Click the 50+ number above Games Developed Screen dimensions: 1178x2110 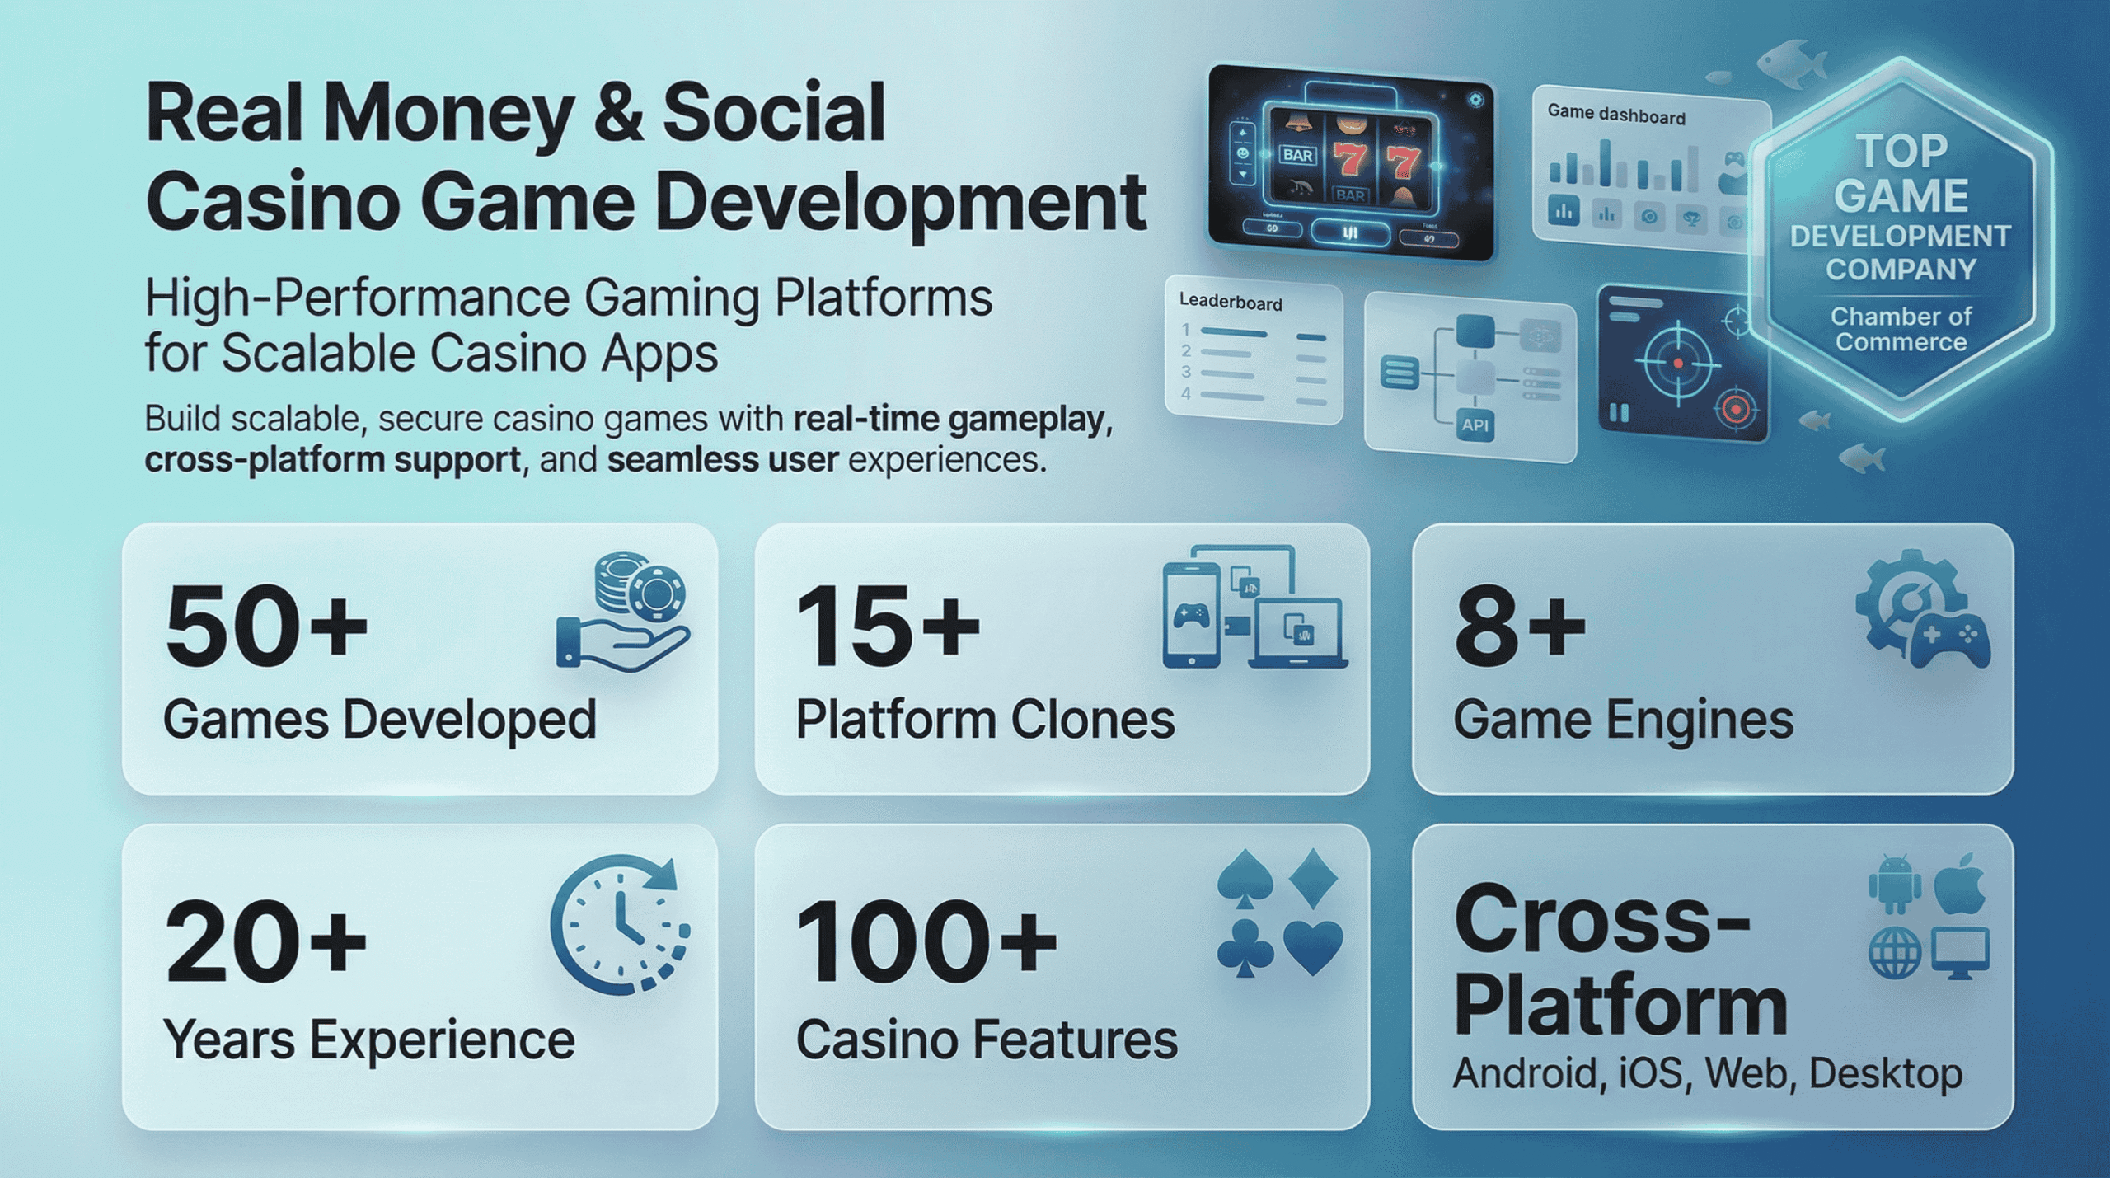tap(265, 626)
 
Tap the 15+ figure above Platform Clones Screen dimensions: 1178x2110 tap(887, 626)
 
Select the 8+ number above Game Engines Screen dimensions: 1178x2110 tap(1519, 626)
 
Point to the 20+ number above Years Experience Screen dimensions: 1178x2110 tap(265, 942)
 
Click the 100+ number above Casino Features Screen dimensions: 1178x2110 tap(925, 942)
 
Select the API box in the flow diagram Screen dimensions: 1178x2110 tap(1475, 425)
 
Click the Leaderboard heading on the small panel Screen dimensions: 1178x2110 tap(1230, 302)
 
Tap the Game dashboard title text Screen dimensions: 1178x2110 tap(1615, 115)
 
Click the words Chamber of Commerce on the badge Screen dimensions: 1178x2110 tap(1901, 329)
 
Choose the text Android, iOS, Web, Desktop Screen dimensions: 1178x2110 tap(1707, 1074)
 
